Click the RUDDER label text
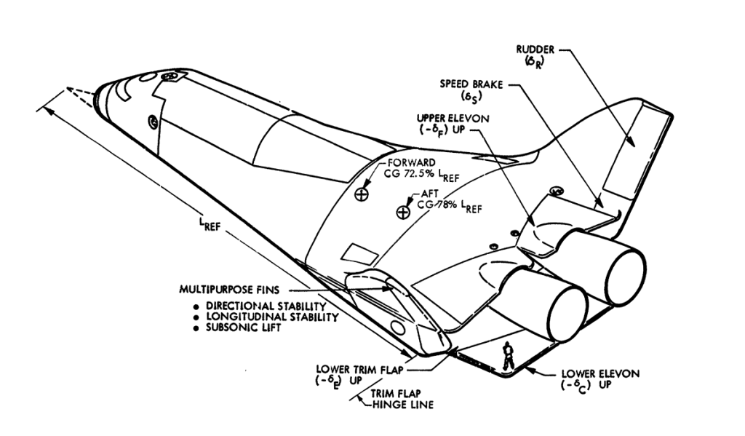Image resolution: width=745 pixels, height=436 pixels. click(535, 49)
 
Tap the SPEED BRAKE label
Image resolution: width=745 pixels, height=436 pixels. click(471, 84)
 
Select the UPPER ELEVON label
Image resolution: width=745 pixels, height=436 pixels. click(453, 119)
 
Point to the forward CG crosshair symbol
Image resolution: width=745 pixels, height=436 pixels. click(362, 194)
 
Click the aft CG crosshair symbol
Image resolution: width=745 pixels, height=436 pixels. click(403, 212)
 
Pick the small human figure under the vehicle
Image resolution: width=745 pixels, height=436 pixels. click(508, 355)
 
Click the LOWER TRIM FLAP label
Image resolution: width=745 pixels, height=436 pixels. click(359, 370)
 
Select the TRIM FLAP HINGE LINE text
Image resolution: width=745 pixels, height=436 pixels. click(402, 400)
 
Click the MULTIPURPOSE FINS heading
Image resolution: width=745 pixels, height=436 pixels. click(229, 289)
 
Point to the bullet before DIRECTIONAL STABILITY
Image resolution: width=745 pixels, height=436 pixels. click(196, 307)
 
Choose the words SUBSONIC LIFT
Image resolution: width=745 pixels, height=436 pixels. click(243, 328)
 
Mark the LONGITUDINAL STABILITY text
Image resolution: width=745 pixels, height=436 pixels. click(272, 317)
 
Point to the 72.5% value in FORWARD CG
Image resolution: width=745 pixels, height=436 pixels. click(418, 174)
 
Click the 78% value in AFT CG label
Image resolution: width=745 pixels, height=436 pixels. click(447, 205)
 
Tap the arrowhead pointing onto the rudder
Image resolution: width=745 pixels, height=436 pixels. click(630, 141)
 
